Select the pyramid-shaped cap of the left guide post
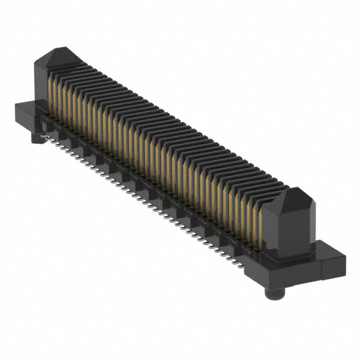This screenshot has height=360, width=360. pyautogui.click(x=58, y=57)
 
